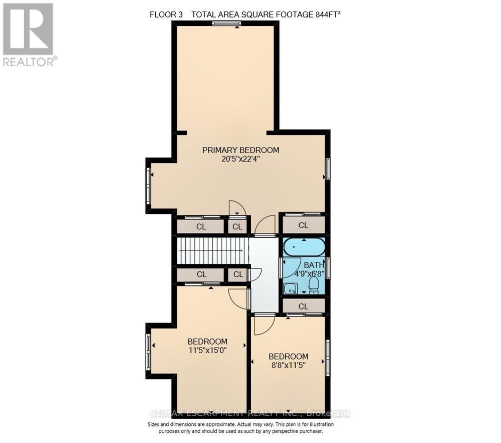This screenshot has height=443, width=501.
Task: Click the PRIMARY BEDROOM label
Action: (x=240, y=150)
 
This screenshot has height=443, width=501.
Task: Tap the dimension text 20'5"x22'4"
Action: (x=240, y=159)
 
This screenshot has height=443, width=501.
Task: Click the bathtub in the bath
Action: (x=304, y=247)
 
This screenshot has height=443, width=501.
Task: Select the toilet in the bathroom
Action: (x=314, y=285)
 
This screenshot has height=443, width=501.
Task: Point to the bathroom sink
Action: (x=290, y=288)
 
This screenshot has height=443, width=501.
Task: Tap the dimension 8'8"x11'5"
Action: (x=288, y=365)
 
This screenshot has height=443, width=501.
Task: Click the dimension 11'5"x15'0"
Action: (x=207, y=350)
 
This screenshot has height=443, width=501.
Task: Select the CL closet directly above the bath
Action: (x=303, y=225)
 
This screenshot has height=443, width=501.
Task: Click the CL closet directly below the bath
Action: (x=303, y=306)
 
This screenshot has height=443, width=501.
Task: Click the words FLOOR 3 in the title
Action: (x=166, y=14)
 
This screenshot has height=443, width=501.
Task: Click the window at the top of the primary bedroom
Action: (x=225, y=23)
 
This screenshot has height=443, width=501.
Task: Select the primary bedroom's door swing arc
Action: (x=237, y=208)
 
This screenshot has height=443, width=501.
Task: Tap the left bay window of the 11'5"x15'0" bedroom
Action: (x=148, y=352)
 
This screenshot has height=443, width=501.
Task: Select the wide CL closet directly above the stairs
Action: (x=200, y=226)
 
